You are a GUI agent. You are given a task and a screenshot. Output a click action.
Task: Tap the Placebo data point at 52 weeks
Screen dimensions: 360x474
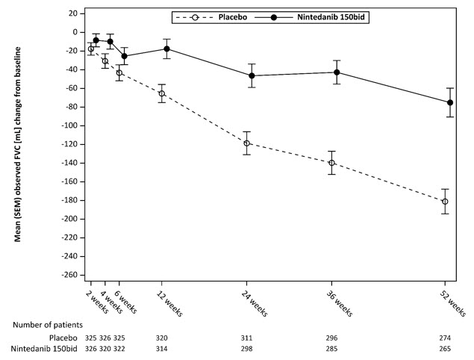(x=445, y=202)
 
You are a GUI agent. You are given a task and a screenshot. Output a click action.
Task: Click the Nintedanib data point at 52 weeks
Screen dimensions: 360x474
(x=450, y=102)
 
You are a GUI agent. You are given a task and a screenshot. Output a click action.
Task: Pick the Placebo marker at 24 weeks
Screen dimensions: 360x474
(x=246, y=143)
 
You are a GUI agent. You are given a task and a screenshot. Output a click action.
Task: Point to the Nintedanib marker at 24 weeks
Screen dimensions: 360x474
(x=252, y=75)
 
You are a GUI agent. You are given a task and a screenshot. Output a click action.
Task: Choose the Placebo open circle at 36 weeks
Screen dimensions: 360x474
(x=331, y=163)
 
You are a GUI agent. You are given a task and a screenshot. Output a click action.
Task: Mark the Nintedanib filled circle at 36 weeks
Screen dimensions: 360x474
(x=337, y=72)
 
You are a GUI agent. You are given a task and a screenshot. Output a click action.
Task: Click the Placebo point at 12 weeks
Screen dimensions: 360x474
(x=161, y=93)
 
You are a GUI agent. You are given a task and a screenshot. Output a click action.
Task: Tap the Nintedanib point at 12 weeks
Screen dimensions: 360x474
(x=166, y=49)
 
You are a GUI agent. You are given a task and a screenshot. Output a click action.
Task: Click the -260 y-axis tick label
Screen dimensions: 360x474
(x=70, y=275)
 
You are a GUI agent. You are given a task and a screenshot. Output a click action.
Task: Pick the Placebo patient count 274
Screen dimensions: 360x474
(x=446, y=338)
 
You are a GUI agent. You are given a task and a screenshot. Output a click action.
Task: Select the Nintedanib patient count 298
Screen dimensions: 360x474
(x=246, y=350)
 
